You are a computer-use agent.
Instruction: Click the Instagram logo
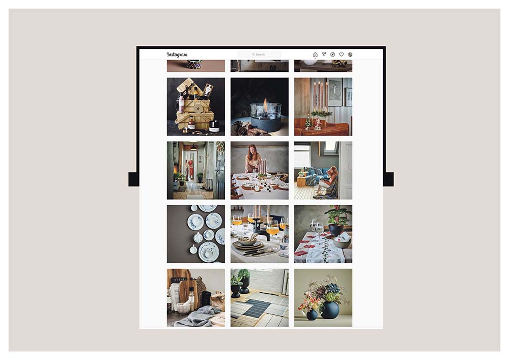pos(177,54)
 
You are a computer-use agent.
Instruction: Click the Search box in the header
pos(260,54)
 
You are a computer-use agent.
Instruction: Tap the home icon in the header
pos(315,54)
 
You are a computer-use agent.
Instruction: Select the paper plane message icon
pos(324,54)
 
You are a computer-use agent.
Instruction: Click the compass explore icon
pos(332,54)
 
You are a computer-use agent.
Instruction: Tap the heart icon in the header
pos(342,54)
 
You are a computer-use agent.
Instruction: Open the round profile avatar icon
pos(350,54)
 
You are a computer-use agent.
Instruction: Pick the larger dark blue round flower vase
pos(329,309)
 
